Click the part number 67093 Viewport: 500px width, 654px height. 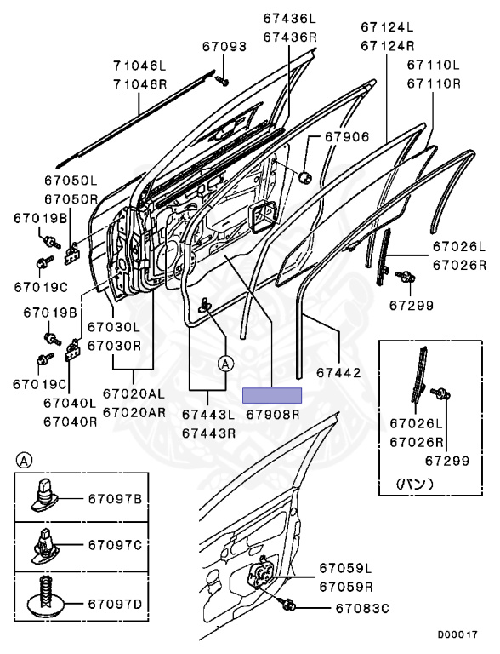point(224,46)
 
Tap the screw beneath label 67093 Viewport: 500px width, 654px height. point(222,81)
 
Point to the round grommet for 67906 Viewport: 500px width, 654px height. point(305,177)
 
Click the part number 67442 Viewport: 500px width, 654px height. point(338,373)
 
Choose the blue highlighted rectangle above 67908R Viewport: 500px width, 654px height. point(272,395)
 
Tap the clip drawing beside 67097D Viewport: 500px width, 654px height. point(45,598)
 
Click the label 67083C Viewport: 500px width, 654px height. point(362,609)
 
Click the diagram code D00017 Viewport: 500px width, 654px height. point(457,634)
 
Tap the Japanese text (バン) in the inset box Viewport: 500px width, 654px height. point(414,484)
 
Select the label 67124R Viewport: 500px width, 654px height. point(388,46)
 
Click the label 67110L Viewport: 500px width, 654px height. point(434,65)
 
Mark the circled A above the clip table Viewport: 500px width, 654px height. point(24,461)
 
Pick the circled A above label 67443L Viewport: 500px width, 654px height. point(225,364)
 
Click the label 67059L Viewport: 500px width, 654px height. point(346,568)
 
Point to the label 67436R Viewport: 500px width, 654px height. point(290,37)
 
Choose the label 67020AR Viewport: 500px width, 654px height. point(134,412)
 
